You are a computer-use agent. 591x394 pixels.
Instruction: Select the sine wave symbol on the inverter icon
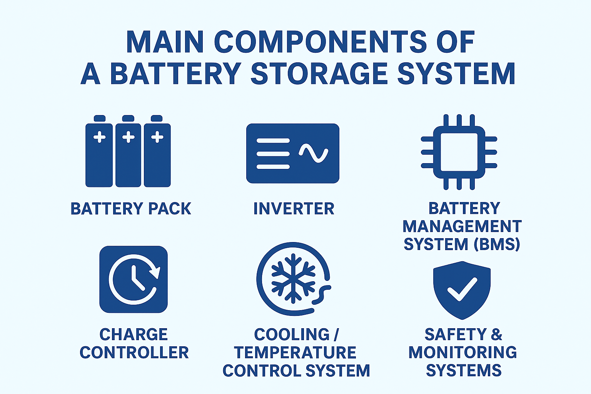coord(314,153)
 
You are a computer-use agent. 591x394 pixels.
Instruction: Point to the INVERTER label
coord(294,209)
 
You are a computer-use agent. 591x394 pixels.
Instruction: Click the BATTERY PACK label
coord(131,209)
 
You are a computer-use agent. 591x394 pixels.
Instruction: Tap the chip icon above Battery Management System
coord(459,152)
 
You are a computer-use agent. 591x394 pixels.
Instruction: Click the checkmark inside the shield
coord(462,289)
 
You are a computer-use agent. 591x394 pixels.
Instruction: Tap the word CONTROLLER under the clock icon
coord(134,352)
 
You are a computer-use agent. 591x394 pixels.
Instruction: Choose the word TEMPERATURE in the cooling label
coord(295,352)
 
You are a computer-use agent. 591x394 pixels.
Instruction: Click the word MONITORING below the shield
coord(462,352)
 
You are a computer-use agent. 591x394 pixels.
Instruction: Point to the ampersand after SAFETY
coord(497,335)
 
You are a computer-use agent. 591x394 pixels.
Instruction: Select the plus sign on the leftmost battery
coord(100,137)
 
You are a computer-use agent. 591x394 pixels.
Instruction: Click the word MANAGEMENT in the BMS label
coord(462,226)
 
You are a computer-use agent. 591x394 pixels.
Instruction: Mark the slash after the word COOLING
coord(336,335)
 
